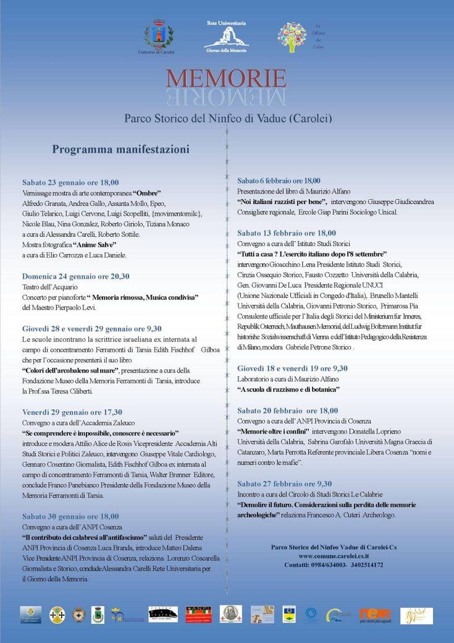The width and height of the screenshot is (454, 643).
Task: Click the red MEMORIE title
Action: [225, 79]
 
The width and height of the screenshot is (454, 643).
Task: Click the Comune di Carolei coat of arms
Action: [156, 35]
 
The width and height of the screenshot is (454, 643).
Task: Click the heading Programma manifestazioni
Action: [120, 149]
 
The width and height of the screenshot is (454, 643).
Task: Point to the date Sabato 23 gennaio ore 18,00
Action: [70, 182]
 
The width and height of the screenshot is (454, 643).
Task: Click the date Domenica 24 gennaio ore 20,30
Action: [75, 276]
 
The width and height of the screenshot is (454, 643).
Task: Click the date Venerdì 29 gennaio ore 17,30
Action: [72, 412]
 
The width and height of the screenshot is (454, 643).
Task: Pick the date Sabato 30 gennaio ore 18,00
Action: [70, 516]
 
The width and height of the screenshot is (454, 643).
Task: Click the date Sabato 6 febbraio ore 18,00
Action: [279, 181]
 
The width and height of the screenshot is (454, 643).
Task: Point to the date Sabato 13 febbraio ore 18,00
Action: [287, 233]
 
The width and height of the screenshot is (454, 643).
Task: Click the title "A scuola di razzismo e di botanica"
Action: [288, 389]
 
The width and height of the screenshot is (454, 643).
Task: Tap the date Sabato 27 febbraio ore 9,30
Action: [285, 483]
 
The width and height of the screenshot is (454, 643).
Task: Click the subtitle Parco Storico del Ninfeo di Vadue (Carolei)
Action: [229, 116]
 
